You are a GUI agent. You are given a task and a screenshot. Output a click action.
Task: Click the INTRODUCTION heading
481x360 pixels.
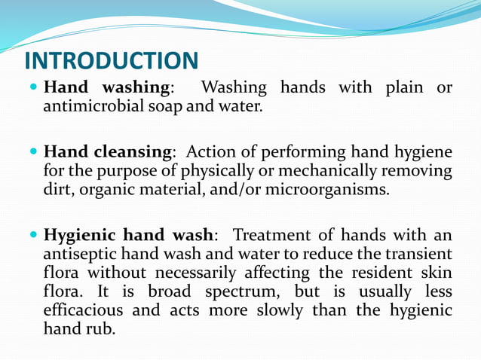[x=112, y=60]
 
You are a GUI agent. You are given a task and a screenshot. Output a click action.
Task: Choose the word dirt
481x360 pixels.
[x=58, y=190]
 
